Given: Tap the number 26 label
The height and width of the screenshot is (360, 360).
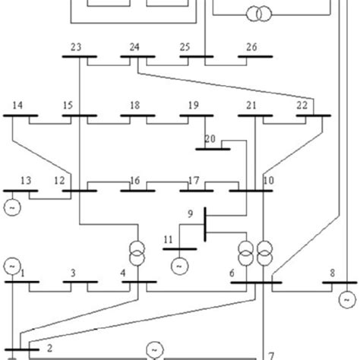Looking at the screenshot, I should pyautogui.click(x=251, y=47).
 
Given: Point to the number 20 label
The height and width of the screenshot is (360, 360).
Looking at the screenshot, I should pyautogui.click(x=210, y=138).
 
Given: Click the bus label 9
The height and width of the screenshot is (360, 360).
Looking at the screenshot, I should pyautogui.click(x=191, y=215).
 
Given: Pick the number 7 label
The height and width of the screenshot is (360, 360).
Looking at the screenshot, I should pyautogui.click(x=270, y=355).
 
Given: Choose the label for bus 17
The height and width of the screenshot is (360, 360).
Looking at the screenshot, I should pyautogui.click(x=194, y=181).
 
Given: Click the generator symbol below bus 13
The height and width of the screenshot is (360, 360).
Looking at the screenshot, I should pyautogui.click(x=13, y=204).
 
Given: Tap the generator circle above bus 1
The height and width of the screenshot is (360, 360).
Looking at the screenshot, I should pyautogui.click(x=13, y=265).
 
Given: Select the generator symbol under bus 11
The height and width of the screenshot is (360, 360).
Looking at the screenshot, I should pyautogui.click(x=179, y=265).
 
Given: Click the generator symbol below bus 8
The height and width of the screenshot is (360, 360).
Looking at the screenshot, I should pyautogui.click(x=343, y=298).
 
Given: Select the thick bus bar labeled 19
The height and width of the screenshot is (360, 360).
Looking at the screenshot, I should pyautogui.click(x=196, y=116).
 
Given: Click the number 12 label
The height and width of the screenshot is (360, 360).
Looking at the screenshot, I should pyautogui.click(x=59, y=181).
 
